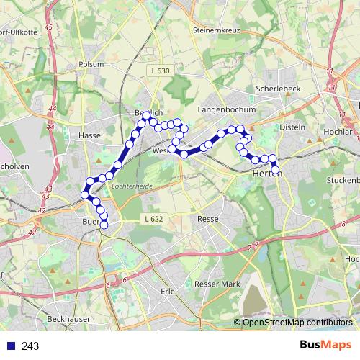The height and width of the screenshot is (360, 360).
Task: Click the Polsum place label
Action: (91, 63)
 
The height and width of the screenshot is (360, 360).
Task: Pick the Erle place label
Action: (168, 291)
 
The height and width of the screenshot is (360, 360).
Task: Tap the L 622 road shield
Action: (152, 218)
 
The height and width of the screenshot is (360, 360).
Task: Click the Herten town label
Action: (267, 174)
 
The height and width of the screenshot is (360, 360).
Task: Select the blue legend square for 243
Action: (10, 346)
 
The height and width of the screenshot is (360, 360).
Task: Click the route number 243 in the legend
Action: (30, 346)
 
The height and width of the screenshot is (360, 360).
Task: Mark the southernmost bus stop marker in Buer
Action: (104, 225)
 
